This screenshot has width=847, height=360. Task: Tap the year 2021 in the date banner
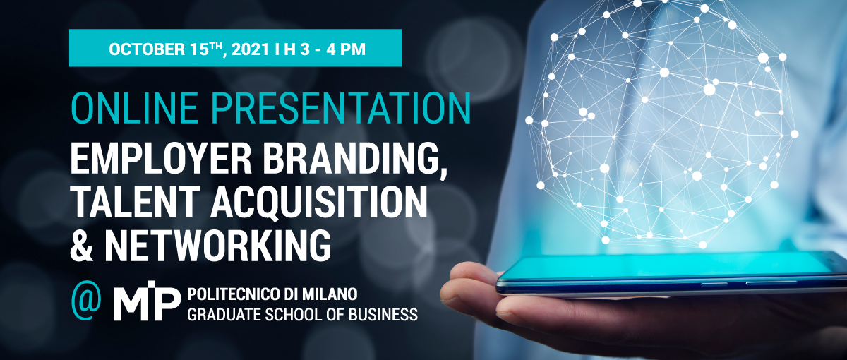click(x=250, y=49)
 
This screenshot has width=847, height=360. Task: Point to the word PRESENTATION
click(x=341, y=108)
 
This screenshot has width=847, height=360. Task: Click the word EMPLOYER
click(x=161, y=160)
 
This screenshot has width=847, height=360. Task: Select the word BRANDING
click(x=355, y=161)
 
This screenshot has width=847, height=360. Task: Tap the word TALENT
click(x=134, y=203)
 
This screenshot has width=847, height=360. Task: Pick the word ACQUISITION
click(x=319, y=204)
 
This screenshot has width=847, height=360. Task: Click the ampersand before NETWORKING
click(x=82, y=246)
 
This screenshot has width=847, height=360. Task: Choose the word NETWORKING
click(x=218, y=246)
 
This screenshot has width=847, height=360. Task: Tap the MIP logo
click(x=147, y=301)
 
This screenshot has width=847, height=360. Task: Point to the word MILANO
click(x=332, y=294)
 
